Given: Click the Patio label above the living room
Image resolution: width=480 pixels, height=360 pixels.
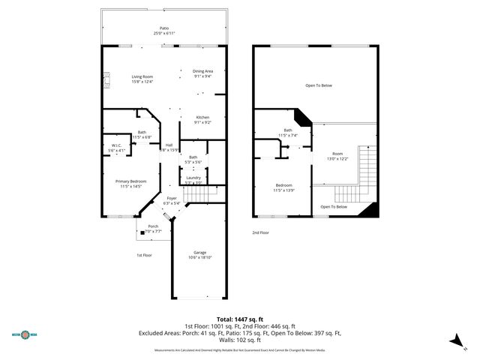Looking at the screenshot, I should [163, 28].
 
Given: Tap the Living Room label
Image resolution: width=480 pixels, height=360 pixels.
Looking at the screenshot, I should [142, 77].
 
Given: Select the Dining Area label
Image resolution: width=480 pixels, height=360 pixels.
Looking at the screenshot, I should [203, 71].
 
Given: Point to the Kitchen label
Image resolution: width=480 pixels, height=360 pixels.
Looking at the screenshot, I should [202, 118].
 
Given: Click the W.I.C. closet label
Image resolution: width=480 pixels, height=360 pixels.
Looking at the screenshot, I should [117, 146].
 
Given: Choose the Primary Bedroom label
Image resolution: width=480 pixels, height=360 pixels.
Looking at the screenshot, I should [130, 181].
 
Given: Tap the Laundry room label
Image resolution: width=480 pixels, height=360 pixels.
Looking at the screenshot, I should [193, 178].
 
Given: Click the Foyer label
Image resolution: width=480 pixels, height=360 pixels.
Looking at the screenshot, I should [172, 198].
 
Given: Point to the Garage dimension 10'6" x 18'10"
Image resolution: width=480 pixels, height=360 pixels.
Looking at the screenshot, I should [199, 257].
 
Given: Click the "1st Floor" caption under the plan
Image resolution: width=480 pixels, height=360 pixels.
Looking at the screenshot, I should [145, 255].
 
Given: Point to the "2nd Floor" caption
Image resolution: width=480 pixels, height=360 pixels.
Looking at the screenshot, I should [261, 233].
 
